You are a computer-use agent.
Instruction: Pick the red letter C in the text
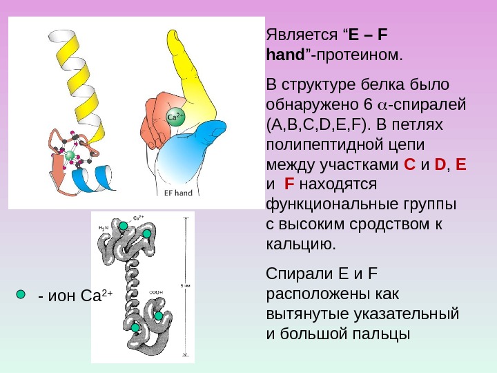tap(409, 166)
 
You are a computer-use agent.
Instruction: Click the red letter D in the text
tap(440, 166)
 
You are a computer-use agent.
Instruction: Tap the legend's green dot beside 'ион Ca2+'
tap(21, 294)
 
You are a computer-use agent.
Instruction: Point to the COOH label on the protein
tap(156, 293)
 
